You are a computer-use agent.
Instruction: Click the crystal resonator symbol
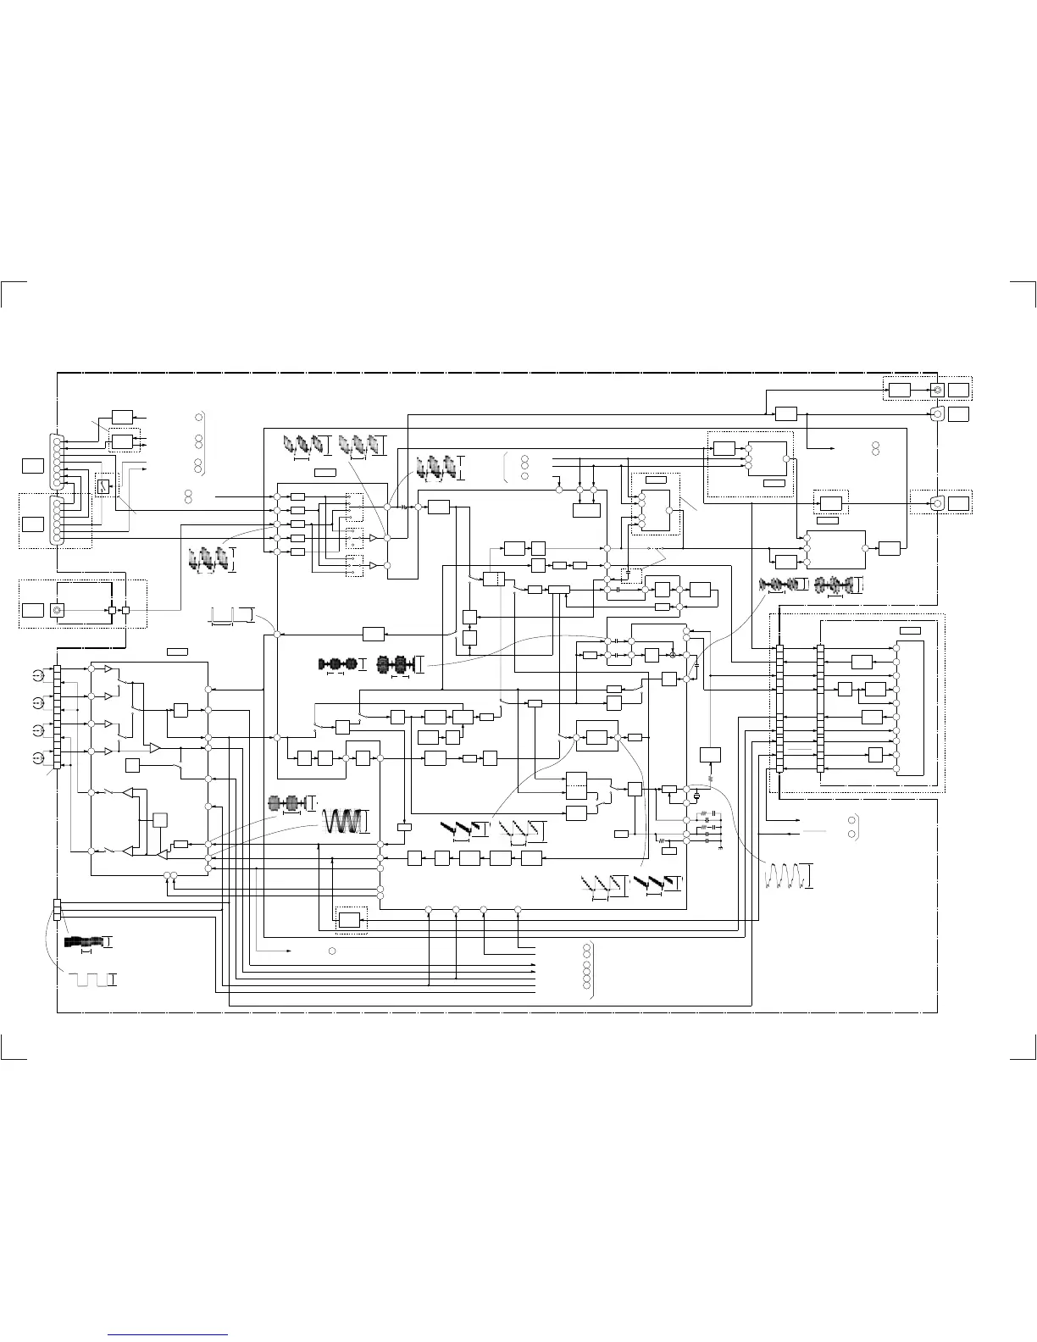coord(697,796)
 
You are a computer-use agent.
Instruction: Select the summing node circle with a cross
coord(674,655)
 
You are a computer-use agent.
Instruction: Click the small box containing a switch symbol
coord(103,486)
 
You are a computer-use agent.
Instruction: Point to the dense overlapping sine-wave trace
coord(344,821)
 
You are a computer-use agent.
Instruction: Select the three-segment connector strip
coord(58,909)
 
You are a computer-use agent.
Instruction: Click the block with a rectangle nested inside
coord(349,919)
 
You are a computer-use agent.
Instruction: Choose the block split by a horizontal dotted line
coord(576,785)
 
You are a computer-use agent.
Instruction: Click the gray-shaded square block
coord(160,819)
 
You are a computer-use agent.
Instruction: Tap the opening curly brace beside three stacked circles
coord(506,466)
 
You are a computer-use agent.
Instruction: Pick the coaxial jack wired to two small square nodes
coord(58,610)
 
